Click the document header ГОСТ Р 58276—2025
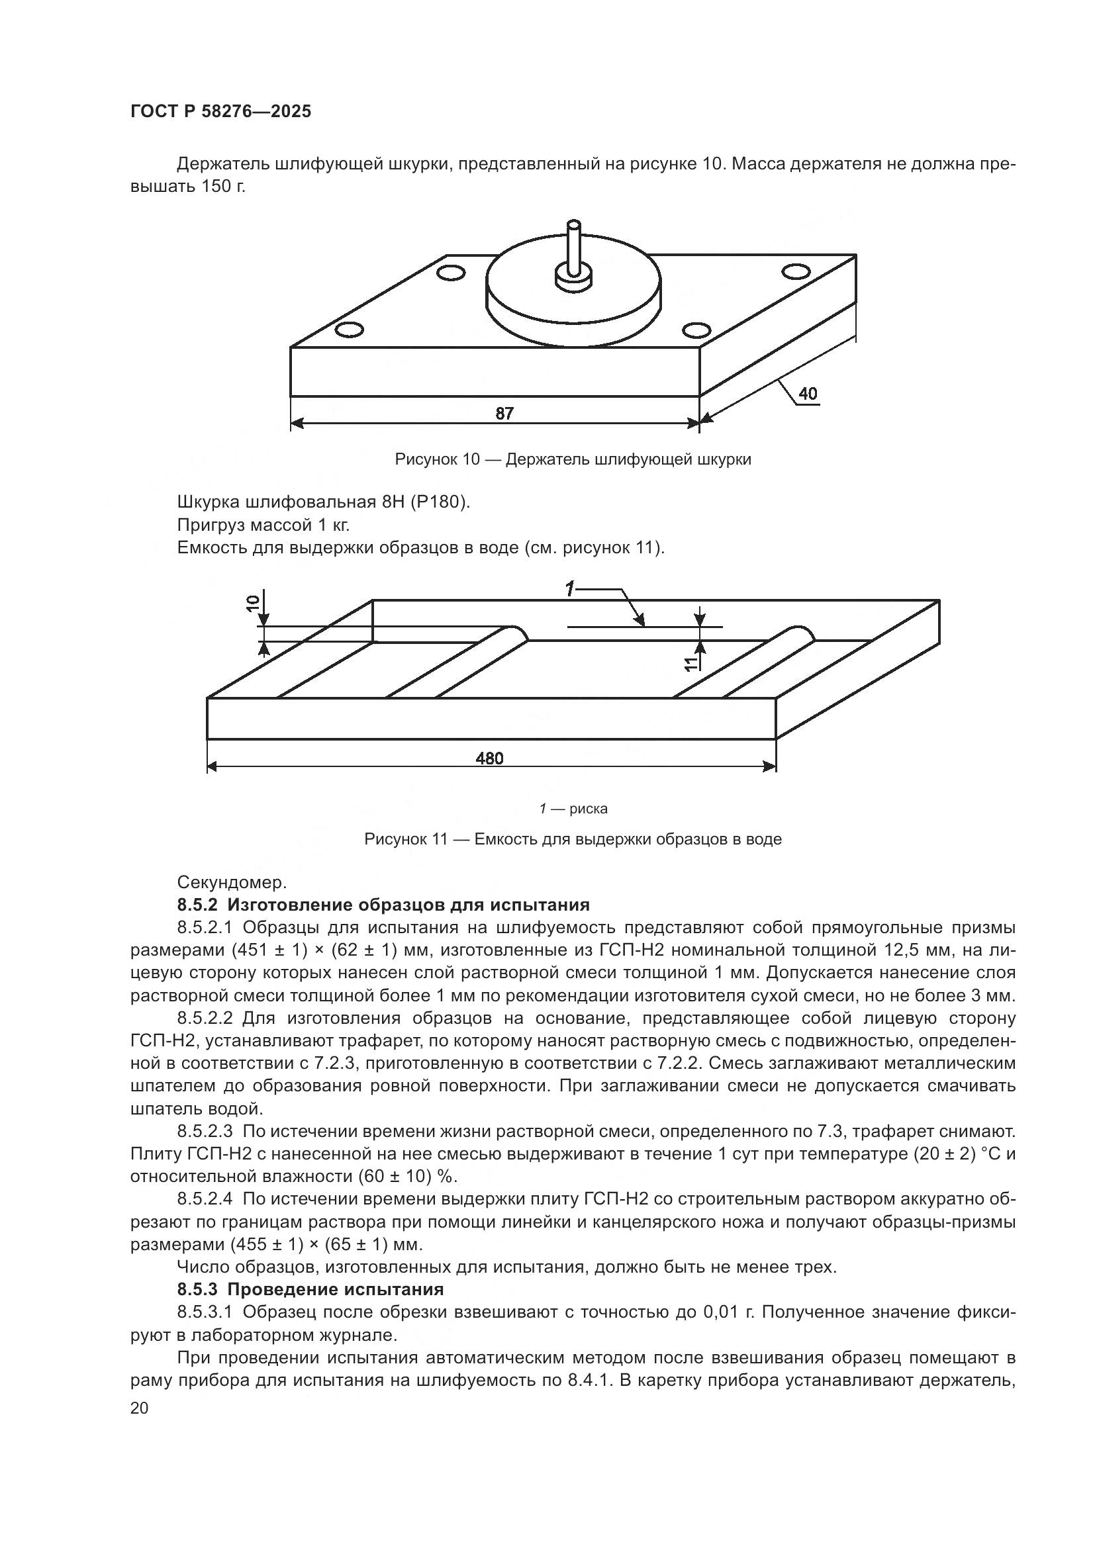point(220,112)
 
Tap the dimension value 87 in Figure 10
point(504,413)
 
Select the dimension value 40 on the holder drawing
point(808,394)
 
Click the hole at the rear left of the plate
point(450,273)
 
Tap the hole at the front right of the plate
point(696,330)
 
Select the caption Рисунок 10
point(573,460)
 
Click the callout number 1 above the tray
point(570,590)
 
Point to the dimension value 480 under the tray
point(489,758)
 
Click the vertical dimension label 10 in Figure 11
point(253,604)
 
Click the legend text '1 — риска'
point(573,808)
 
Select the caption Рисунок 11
point(573,839)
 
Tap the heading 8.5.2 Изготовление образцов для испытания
point(383,905)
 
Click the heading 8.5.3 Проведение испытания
point(310,1290)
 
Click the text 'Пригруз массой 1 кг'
point(263,525)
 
